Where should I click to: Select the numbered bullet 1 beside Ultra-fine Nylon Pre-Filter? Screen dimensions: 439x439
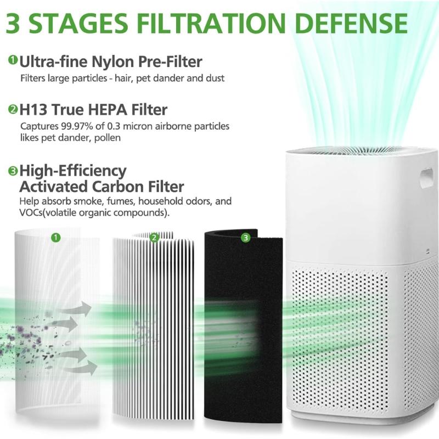pos(13,60)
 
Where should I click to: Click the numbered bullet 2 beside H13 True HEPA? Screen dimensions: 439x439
pos(13,109)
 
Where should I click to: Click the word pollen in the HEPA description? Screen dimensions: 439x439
pos(103,138)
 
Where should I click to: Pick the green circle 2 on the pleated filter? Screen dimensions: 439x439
pos(154,237)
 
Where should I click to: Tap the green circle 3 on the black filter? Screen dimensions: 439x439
pos(245,237)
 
